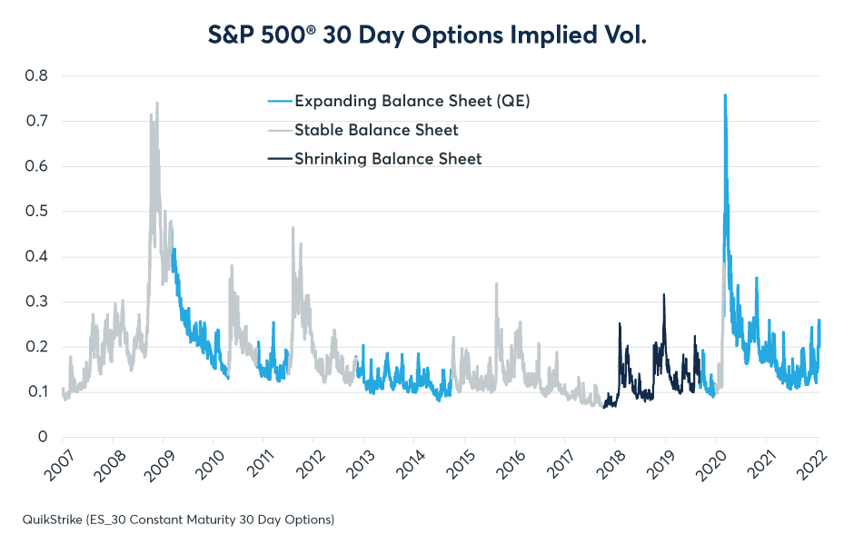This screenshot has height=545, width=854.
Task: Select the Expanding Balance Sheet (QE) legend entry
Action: (410, 101)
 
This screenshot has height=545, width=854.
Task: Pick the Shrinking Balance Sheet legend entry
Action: (388, 159)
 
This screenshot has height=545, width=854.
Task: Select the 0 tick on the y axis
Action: (43, 437)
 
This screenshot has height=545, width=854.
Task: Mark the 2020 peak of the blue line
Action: (725, 95)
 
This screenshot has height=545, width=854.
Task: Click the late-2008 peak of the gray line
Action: (157, 104)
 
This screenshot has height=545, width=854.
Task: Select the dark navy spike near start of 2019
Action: (664, 295)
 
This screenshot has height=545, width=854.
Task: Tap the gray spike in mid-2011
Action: (293, 228)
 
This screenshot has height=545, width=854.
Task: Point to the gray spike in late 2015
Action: (496, 284)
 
